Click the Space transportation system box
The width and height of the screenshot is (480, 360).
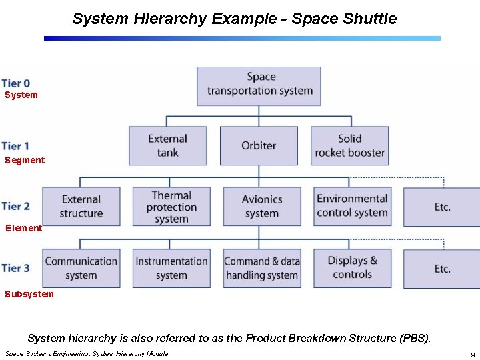[x=259, y=85]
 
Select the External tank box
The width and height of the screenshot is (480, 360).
[x=167, y=146]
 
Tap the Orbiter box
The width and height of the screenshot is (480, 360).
[x=259, y=146]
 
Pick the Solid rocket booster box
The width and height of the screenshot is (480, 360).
[x=349, y=146]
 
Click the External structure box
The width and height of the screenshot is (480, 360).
[x=81, y=207]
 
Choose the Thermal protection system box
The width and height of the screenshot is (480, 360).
[x=171, y=207]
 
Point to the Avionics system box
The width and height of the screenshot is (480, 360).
[x=262, y=207]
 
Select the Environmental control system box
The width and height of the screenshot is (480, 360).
[x=352, y=207]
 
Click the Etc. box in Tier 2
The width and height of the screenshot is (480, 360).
[x=442, y=207]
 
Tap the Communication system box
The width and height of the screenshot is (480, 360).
[x=81, y=268]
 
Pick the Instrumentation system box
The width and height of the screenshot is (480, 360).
[x=171, y=268]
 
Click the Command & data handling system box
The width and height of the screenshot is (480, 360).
[x=262, y=268]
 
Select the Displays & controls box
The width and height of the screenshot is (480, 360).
[x=352, y=268]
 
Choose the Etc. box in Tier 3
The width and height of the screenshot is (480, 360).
[x=442, y=269]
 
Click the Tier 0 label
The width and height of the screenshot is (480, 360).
[x=15, y=83]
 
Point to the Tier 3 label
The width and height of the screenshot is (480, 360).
[x=15, y=268]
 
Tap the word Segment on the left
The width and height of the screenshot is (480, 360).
[x=25, y=160]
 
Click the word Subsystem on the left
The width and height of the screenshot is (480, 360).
[x=29, y=294]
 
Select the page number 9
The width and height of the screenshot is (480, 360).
[x=472, y=355]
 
